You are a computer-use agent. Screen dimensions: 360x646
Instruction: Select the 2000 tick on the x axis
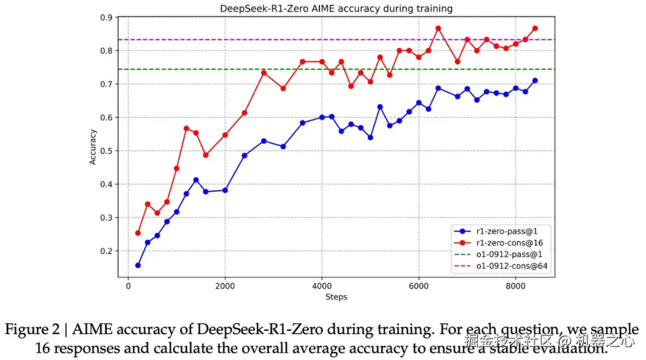click(225, 286)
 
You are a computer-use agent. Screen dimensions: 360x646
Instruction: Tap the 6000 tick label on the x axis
click(419, 286)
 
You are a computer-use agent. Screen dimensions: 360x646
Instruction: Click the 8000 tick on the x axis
click(516, 286)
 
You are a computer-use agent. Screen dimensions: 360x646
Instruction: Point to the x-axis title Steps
click(336, 297)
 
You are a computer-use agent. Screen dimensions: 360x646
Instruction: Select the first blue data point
click(138, 265)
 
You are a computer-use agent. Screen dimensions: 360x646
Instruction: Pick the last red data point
click(535, 28)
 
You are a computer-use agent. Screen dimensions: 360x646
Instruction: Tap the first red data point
click(138, 233)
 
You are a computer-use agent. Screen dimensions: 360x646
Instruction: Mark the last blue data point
click(535, 80)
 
